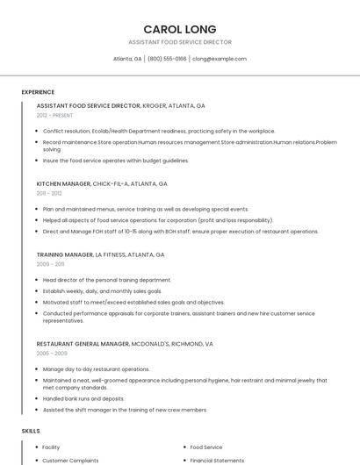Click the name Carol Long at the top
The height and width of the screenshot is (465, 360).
point(179,29)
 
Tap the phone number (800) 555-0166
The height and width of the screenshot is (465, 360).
point(167,59)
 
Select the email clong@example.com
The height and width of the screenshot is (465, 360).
point(220,59)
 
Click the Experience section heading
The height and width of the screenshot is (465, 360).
point(38,92)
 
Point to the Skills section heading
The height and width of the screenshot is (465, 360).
point(31,431)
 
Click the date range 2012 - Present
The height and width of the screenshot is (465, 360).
point(54,115)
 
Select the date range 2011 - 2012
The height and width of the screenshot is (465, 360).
point(49,193)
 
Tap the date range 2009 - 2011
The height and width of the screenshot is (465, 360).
point(50,263)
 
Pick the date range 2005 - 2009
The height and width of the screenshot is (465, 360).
point(52,353)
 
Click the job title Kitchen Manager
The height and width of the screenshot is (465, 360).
point(63,184)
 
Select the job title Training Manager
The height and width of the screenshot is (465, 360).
point(64,254)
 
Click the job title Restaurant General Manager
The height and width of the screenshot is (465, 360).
point(83,344)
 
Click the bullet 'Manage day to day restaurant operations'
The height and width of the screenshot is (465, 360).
point(97,369)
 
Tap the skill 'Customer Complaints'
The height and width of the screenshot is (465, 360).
point(70,460)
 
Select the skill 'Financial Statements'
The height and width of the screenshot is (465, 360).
point(217,460)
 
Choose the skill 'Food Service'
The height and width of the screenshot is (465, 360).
point(206,447)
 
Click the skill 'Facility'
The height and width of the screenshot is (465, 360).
point(51,447)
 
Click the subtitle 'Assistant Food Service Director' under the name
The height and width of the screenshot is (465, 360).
point(179,42)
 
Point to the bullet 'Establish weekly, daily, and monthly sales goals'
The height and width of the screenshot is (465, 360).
point(102,290)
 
